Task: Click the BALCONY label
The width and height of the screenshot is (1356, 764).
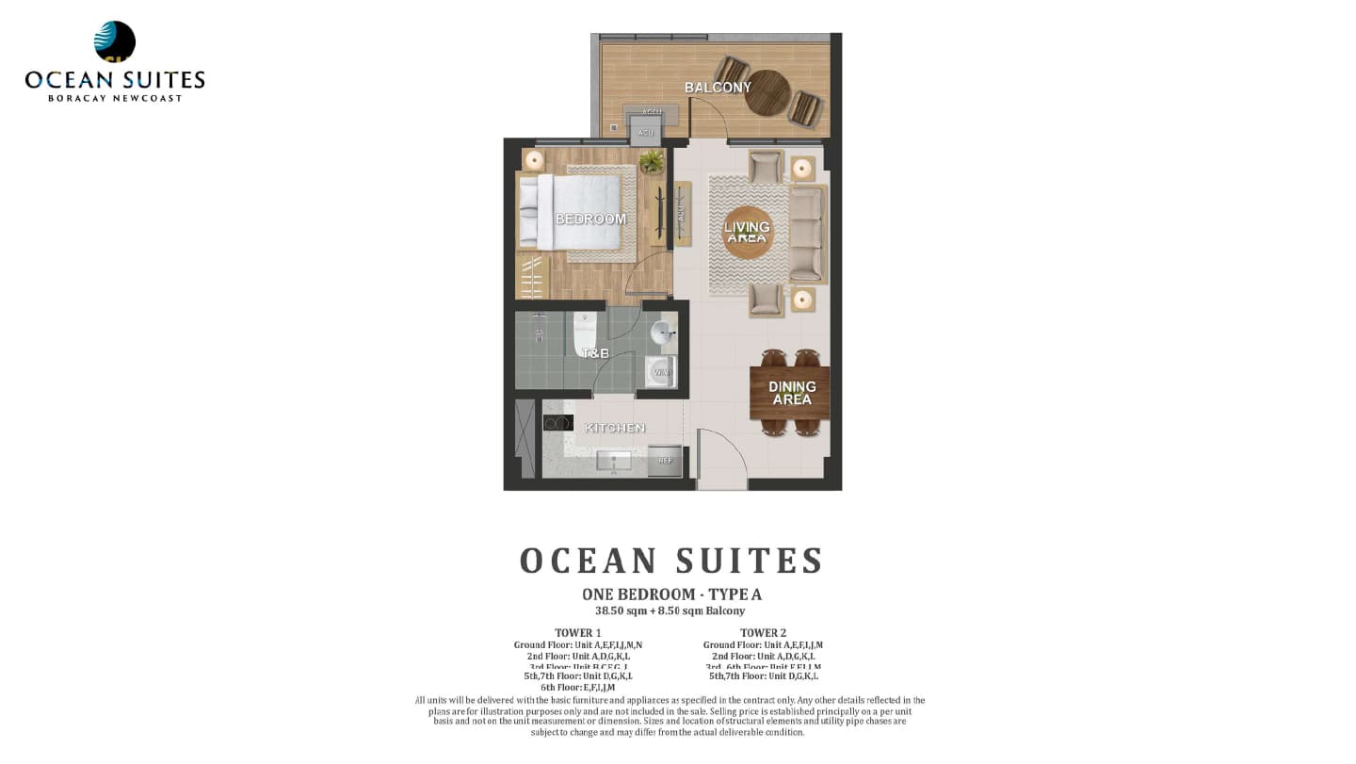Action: pyautogui.click(x=718, y=88)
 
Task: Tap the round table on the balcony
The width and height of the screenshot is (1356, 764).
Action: pyautogui.click(x=767, y=92)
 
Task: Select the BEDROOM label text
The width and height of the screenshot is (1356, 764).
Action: pyautogui.click(x=590, y=219)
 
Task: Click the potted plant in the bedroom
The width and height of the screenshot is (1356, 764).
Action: pyautogui.click(x=651, y=162)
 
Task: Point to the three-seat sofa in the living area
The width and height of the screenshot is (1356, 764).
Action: pyautogui.click(x=806, y=234)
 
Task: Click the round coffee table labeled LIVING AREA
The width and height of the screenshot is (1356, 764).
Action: pyautogui.click(x=747, y=232)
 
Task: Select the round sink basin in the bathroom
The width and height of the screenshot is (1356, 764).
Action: pyautogui.click(x=663, y=332)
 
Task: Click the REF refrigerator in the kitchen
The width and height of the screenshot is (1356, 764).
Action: pyautogui.click(x=665, y=461)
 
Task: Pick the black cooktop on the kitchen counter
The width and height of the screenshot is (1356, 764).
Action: pyautogui.click(x=558, y=423)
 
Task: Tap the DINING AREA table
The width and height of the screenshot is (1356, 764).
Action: pyautogui.click(x=789, y=393)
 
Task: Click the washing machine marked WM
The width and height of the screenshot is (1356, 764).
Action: pyautogui.click(x=661, y=372)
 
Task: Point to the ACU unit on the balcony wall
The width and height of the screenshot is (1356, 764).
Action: pyautogui.click(x=646, y=132)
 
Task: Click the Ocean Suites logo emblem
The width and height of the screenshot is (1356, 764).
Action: pyautogui.click(x=115, y=42)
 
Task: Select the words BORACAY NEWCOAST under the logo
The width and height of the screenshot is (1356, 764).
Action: pyautogui.click(x=115, y=98)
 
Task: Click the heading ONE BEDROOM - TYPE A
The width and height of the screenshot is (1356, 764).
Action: pyautogui.click(x=671, y=594)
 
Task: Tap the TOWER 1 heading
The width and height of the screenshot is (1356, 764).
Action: pyautogui.click(x=578, y=633)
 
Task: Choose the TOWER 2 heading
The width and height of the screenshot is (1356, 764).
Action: pyautogui.click(x=763, y=633)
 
